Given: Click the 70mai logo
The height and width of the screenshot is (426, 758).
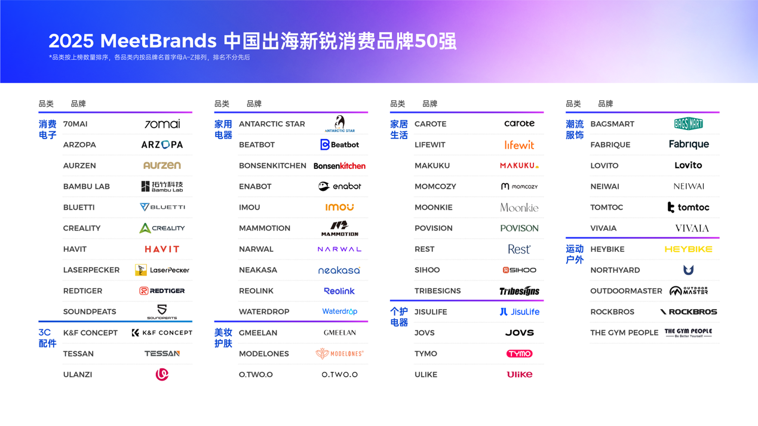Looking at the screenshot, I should coord(162,124).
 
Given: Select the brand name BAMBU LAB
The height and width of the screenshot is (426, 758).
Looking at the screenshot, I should coord(87,187).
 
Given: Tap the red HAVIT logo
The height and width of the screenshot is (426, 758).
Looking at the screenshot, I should coord(162,249).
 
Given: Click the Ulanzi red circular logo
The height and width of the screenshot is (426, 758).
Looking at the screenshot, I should coord(162,375).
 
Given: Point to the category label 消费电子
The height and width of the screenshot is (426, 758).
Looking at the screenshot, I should coord(48,129).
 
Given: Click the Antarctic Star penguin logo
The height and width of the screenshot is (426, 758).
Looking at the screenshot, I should coord(339,124).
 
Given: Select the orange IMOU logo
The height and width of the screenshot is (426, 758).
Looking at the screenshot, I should coord(339,208).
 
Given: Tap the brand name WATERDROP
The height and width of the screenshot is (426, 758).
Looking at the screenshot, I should coord(264,312).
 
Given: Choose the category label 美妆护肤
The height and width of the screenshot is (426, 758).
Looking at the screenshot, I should coord(223,338).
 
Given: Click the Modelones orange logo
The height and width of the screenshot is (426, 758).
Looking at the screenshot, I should coord(339,354).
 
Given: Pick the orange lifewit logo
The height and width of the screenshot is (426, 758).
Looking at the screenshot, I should coord(519,145).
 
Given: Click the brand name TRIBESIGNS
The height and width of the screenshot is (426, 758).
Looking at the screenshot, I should coord(438,291).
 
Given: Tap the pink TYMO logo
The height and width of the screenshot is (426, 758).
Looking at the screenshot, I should coord(519,354).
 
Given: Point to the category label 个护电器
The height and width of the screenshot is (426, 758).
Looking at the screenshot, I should coord(399,317).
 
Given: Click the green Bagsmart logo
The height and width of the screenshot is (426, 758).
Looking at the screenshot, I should coord(688,124).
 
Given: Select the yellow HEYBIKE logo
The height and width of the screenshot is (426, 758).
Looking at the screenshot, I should coord(688,249).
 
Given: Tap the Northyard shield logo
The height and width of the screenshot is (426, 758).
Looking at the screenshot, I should coord(688,270).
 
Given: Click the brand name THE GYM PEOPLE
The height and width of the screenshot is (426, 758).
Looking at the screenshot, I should coord(624,333).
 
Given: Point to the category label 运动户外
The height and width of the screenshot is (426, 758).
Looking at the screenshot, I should coord(575,254).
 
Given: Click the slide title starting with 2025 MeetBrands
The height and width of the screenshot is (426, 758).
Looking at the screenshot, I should coord(252,41).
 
